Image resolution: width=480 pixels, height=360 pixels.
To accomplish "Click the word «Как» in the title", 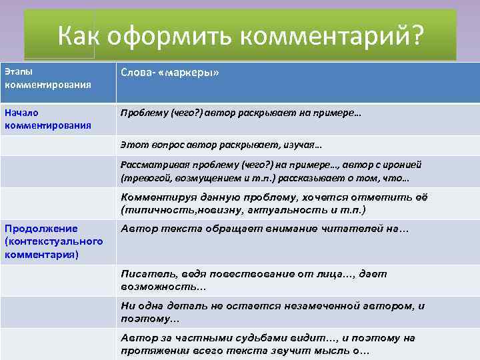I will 79,36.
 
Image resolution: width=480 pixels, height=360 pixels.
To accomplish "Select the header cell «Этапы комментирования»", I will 47,79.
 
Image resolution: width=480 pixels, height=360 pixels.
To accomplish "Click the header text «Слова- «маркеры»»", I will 169,73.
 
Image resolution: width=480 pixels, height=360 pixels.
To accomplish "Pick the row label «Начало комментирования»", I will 47,119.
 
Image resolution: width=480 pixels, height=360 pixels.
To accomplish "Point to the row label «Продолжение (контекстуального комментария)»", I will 53,241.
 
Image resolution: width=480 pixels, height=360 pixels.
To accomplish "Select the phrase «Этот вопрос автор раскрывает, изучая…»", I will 221,144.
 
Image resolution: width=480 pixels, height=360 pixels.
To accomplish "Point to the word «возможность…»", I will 163,286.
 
